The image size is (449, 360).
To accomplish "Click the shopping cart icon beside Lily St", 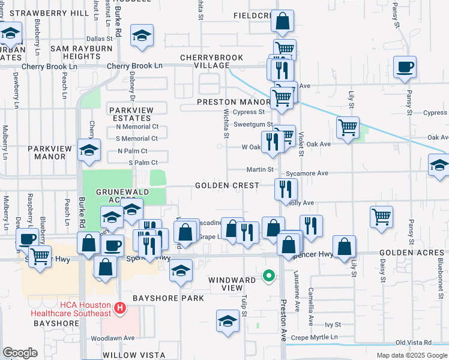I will coord(348,127).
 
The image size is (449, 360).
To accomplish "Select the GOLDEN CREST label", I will coord(227,186).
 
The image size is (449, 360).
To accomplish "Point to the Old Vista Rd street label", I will coord(414,343).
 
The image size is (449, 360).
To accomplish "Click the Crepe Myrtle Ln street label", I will coord(316,338).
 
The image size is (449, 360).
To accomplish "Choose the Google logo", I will coord(20,353).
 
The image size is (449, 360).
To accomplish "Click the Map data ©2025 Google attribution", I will coord(411,355).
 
